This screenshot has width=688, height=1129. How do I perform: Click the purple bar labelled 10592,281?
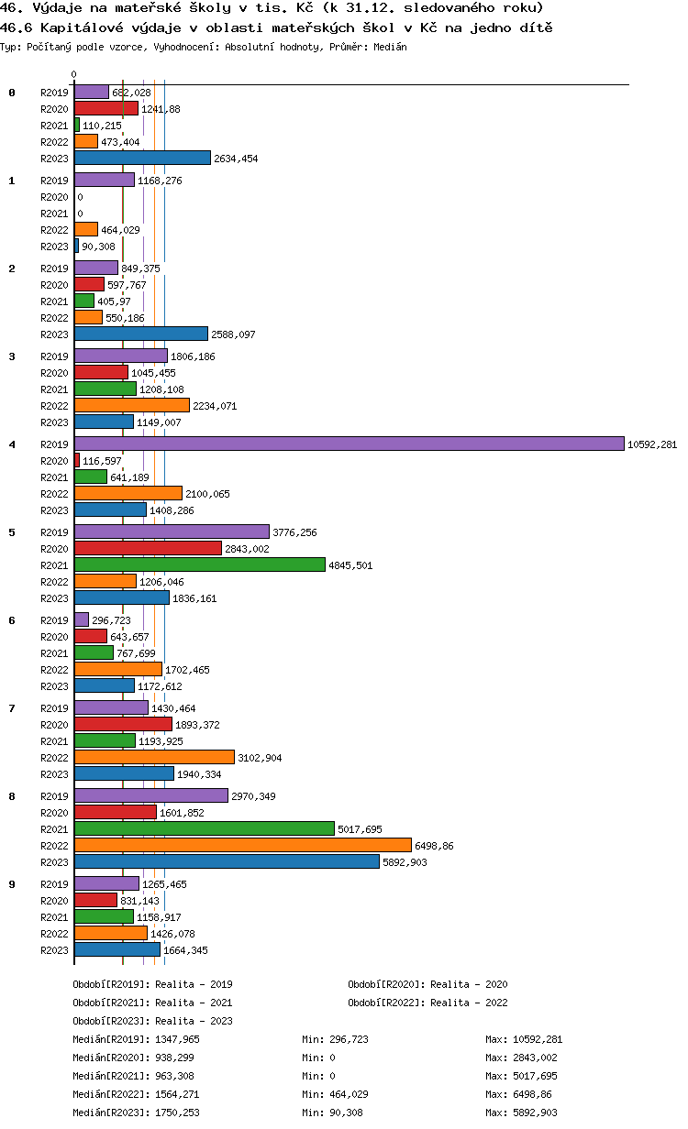coord(349,444)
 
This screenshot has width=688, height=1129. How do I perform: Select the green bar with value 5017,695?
coord(204,828)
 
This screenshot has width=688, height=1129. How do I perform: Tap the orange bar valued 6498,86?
coord(242,845)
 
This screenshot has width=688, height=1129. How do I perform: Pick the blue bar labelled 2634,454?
coord(142,158)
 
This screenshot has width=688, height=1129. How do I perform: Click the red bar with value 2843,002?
coord(148,548)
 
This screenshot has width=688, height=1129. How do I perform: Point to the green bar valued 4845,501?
coord(199,564)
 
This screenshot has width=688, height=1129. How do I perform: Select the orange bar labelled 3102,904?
coord(154,757)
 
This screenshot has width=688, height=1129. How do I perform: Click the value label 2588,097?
coord(234,334)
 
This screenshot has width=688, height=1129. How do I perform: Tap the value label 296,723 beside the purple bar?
coord(111,620)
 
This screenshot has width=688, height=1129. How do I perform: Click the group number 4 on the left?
coord(12,444)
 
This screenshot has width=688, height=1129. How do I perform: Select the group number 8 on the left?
coord(12,796)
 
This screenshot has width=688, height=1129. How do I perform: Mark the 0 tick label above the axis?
coord(74,74)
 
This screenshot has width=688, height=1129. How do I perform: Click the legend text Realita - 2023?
coord(194,1021)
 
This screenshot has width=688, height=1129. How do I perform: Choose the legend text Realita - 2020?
coord(469,984)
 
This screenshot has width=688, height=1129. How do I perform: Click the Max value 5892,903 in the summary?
coord(537,1113)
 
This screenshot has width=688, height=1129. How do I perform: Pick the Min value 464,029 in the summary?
coord(350,1094)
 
